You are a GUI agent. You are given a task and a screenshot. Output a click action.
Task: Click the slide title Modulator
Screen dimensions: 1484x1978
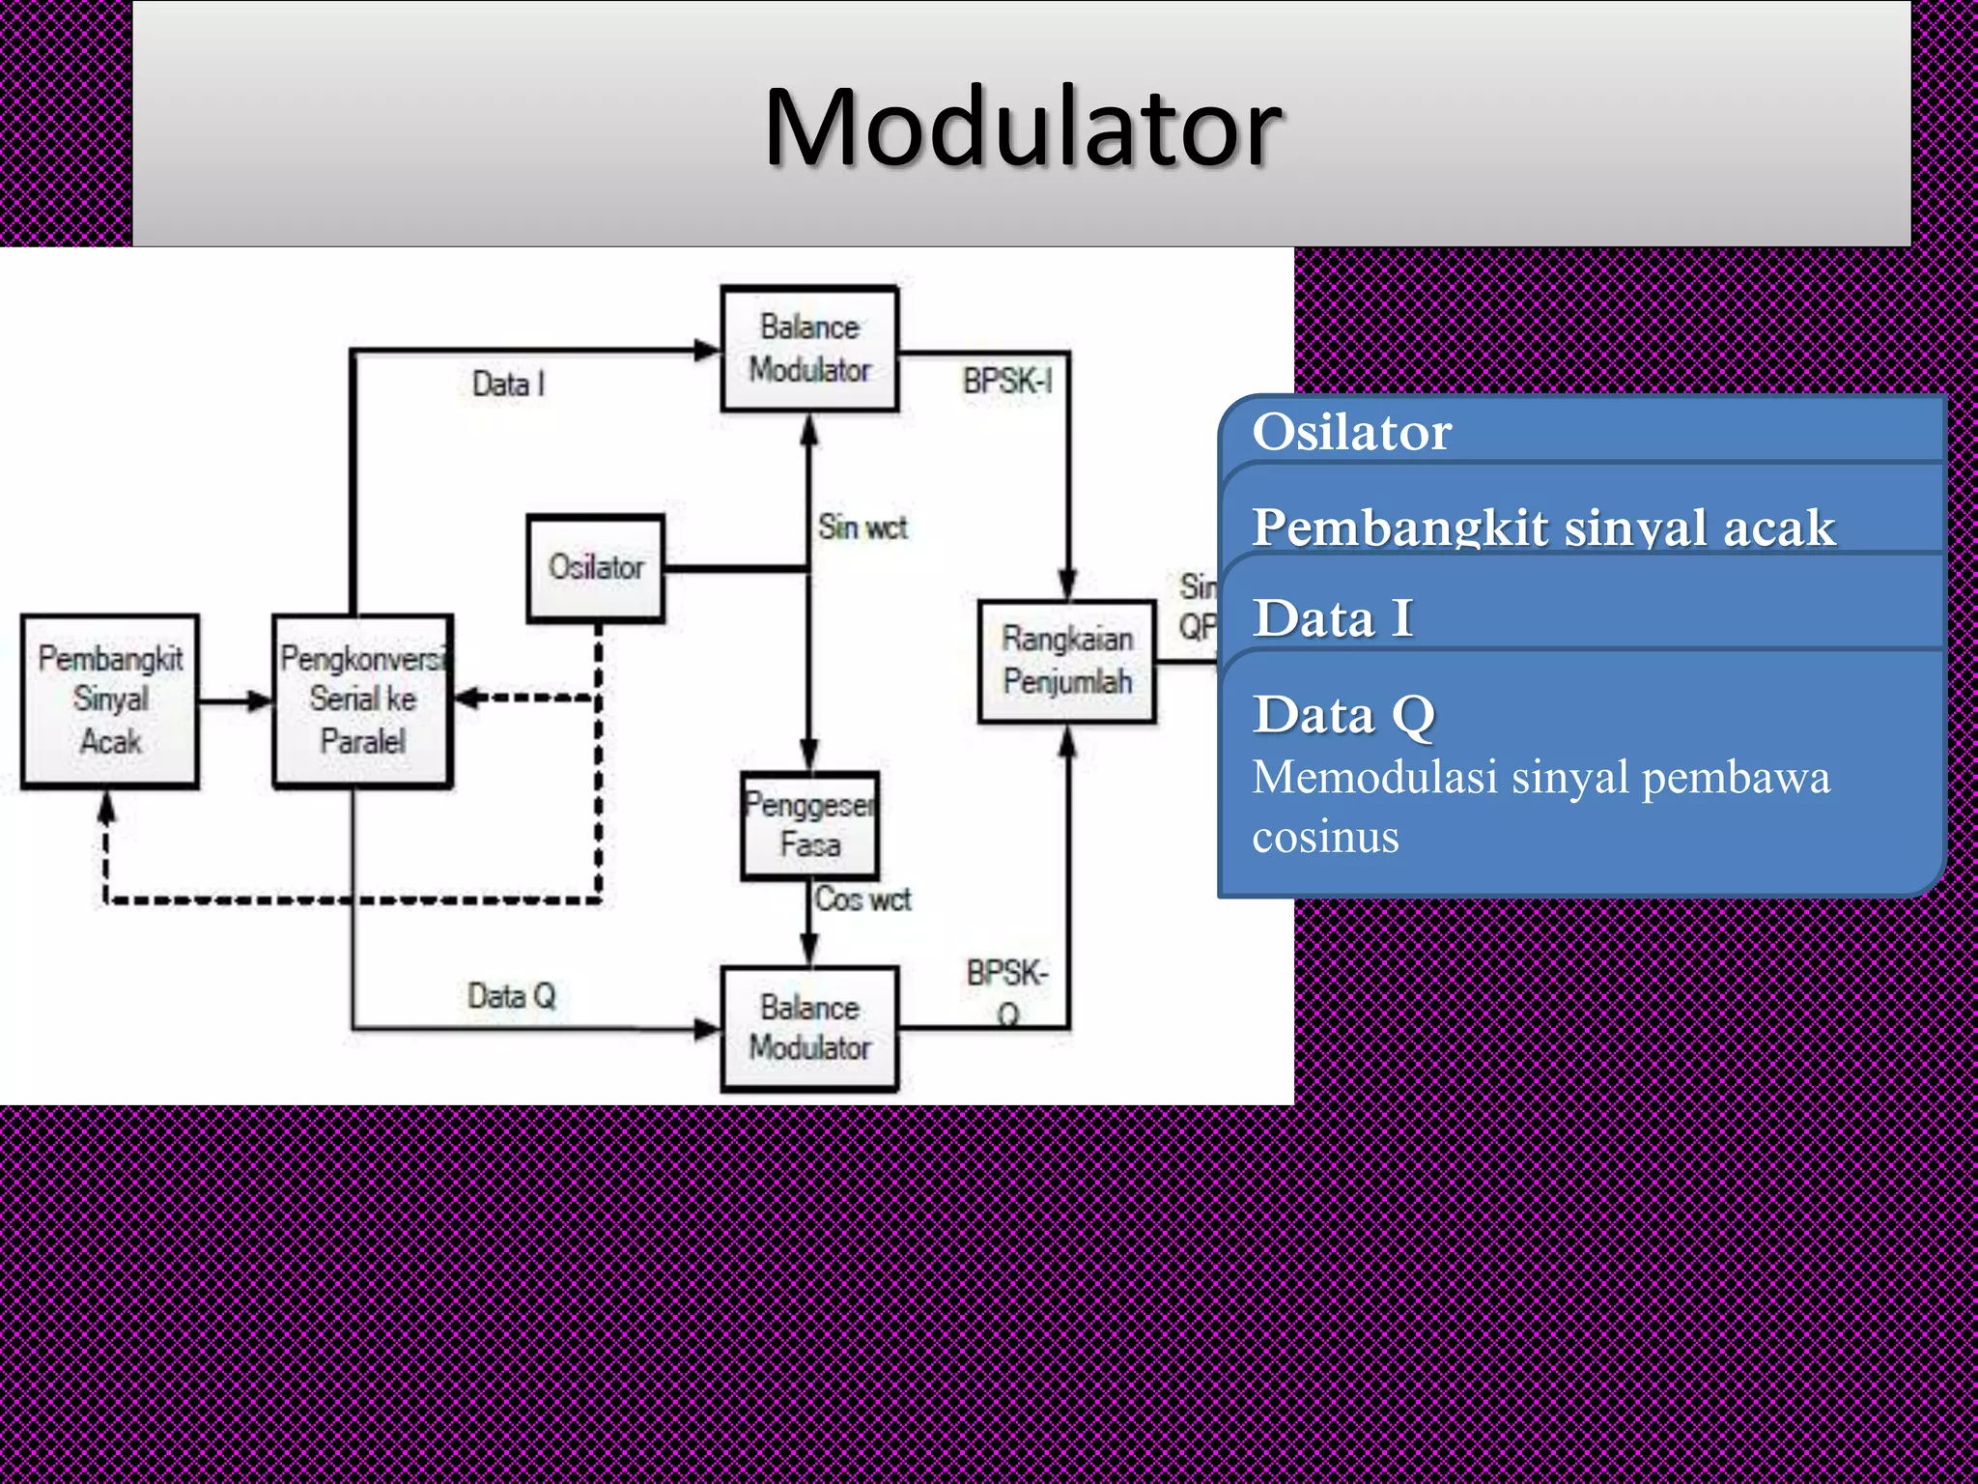1022,127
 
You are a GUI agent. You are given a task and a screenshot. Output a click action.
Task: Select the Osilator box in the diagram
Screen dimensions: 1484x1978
596,567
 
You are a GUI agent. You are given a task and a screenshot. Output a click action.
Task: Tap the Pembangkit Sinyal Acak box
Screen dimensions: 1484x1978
110,700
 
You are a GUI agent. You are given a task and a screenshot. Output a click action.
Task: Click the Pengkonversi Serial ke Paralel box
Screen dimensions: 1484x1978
362,700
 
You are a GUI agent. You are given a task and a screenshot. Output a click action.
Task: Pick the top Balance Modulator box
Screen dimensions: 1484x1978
809,349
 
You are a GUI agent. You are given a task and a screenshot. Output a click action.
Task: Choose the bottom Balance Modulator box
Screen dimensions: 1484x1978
809,1028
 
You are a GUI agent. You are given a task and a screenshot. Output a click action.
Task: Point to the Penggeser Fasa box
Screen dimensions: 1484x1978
809,825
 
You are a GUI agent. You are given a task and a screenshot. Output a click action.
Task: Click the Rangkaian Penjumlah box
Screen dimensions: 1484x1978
1066,661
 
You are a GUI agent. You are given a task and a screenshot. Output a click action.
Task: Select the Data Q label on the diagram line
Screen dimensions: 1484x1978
511,995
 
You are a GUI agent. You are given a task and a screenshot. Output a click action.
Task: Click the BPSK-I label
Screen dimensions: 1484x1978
1006,382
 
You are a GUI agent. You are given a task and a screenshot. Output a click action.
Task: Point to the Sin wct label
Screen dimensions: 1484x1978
862,528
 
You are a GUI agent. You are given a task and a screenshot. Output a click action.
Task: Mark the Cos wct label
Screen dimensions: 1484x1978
862,899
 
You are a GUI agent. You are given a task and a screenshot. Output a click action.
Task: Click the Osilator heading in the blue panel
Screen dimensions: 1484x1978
1351,431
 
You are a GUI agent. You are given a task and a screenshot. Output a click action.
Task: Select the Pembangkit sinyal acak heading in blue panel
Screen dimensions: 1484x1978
1542,528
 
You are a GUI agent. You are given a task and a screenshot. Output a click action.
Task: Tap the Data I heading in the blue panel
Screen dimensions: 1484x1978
1333,618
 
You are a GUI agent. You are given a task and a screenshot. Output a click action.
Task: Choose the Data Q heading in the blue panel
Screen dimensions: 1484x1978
1343,715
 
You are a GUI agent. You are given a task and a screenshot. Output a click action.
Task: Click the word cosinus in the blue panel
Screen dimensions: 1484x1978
1325,837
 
